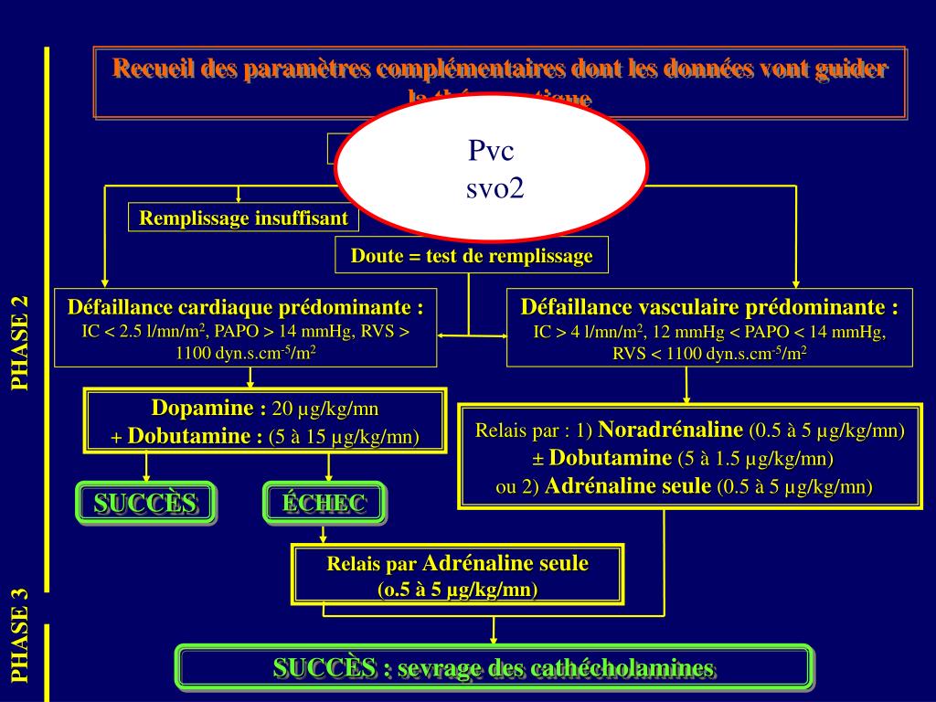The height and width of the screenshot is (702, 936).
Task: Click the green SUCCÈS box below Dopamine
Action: click(145, 503)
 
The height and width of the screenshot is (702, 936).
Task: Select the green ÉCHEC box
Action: click(324, 503)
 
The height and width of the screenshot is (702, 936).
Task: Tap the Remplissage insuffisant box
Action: click(243, 218)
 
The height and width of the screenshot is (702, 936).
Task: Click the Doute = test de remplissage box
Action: click(472, 256)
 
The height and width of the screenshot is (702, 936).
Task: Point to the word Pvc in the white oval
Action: click(492, 151)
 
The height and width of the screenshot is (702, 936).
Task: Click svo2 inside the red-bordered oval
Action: click(494, 188)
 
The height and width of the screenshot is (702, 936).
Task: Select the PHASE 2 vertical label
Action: click(20, 344)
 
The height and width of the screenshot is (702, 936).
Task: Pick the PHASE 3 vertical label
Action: click(20, 635)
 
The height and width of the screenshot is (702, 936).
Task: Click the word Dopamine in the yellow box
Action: click(202, 408)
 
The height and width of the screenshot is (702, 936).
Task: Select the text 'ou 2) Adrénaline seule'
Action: click(602, 486)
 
